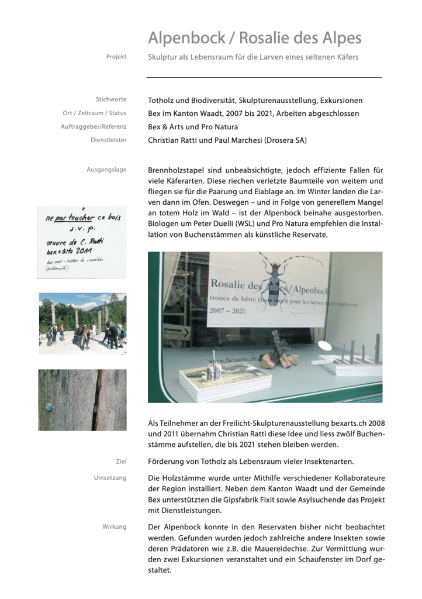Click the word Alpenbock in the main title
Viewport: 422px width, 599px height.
[x=185, y=39]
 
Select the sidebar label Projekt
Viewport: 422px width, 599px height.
[x=116, y=57]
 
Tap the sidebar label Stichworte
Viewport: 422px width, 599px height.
[x=111, y=99]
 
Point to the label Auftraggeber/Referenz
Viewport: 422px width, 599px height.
[x=94, y=126]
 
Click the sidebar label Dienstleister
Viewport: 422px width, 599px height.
[x=108, y=140]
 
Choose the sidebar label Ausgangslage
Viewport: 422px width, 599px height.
[x=106, y=170]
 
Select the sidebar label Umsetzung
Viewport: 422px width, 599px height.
[x=110, y=478]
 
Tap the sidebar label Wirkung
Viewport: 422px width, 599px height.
[x=114, y=526]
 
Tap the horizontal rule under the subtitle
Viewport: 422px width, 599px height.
[x=264, y=77]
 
